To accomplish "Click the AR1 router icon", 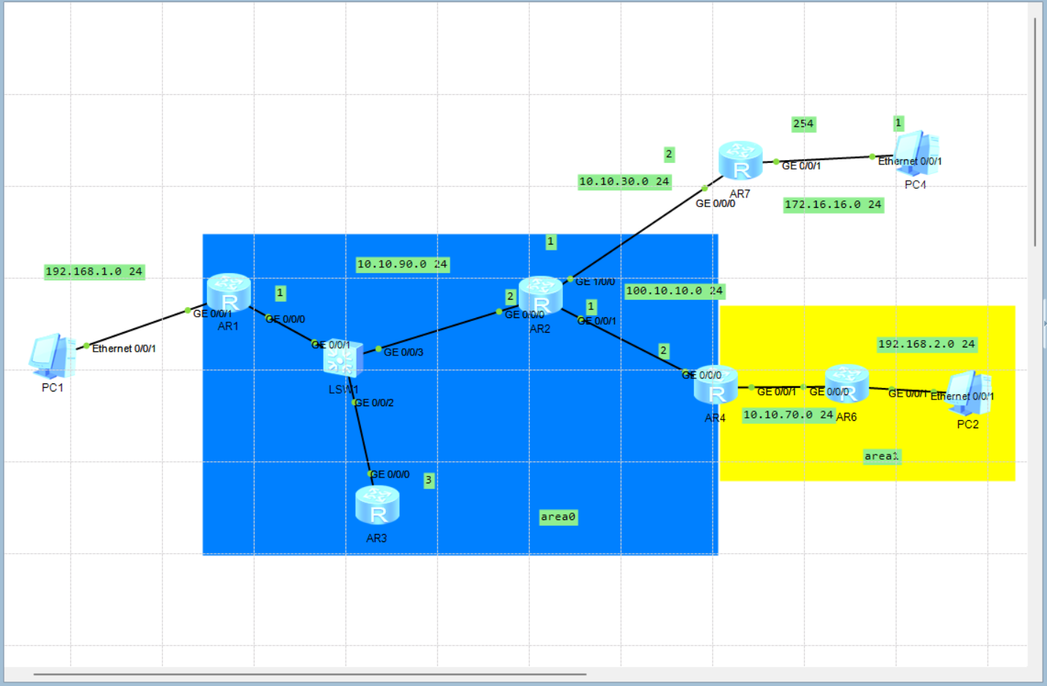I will [x=229, y=292].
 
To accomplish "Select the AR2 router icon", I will [x=541, y=295].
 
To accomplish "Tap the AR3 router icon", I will [x=377, y=505].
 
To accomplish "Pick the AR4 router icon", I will [x=715, y=385].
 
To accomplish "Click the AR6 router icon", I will [x=847, y=383].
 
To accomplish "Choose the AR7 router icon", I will [x=741, y=161].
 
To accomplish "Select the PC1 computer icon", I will [x=51, y=356].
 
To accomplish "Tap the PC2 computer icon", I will [x=968, y=393].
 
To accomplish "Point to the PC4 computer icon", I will [x=916, y=154].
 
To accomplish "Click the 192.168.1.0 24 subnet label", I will [x=94, y=272].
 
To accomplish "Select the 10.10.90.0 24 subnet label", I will [x=402, y=264].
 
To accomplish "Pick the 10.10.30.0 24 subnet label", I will [x=624, y=181].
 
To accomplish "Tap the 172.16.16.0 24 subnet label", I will [x=833, y=205].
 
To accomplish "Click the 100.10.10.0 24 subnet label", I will [x=674, y=291].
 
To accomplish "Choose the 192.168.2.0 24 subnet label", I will [x=927, y=344].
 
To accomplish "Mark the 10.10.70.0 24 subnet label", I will [x=789, y=415].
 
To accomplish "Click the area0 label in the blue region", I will [x=558, y=517].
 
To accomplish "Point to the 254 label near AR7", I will [x=803, y=123].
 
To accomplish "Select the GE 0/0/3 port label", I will [x=404, y=353].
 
